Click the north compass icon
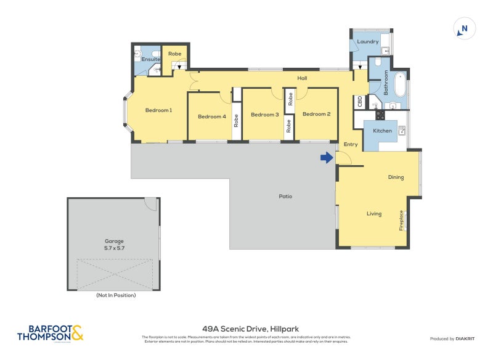click(x=465, y=28)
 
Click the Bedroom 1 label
click(x=158, y=110)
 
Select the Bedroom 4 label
click(x=211, y=117)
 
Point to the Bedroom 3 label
click(x=265, y=114)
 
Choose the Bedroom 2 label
click(x=317, y=113)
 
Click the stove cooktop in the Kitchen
click(x=380, y=115)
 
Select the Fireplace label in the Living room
click(x=401, y=220)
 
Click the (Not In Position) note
click(x=116, y=295)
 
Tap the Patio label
click(x=285, y=197)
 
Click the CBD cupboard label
click(x=359, y=102)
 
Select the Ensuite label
click(x=151, y=59)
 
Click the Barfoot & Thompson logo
click(x=50, y=333)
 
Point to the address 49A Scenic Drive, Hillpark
click(x=250, y=329)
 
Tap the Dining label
click(x=396, y=177)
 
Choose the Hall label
click(x=302, y=78)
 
